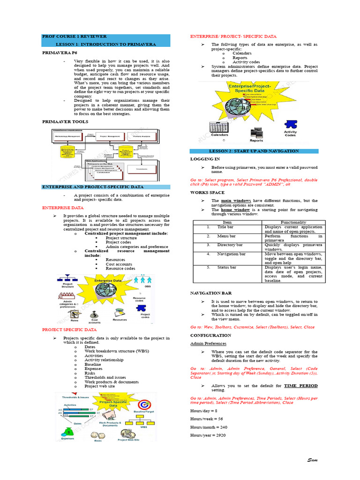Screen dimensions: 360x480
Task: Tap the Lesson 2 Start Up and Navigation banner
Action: [x=254, y=151]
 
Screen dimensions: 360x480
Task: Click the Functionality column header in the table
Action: [x=293, y=222]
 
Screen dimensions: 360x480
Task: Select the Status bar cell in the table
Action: [x=226, y=267]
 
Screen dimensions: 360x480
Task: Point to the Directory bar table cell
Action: [x=230, y=245]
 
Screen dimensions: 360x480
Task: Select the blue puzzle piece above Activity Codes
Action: [x=291, y=124]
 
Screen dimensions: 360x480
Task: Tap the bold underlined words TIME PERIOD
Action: [x=301, y=386]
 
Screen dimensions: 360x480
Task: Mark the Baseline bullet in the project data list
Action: [x=93, y=364]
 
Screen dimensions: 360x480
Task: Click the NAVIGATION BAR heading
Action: [x=211, y=293]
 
